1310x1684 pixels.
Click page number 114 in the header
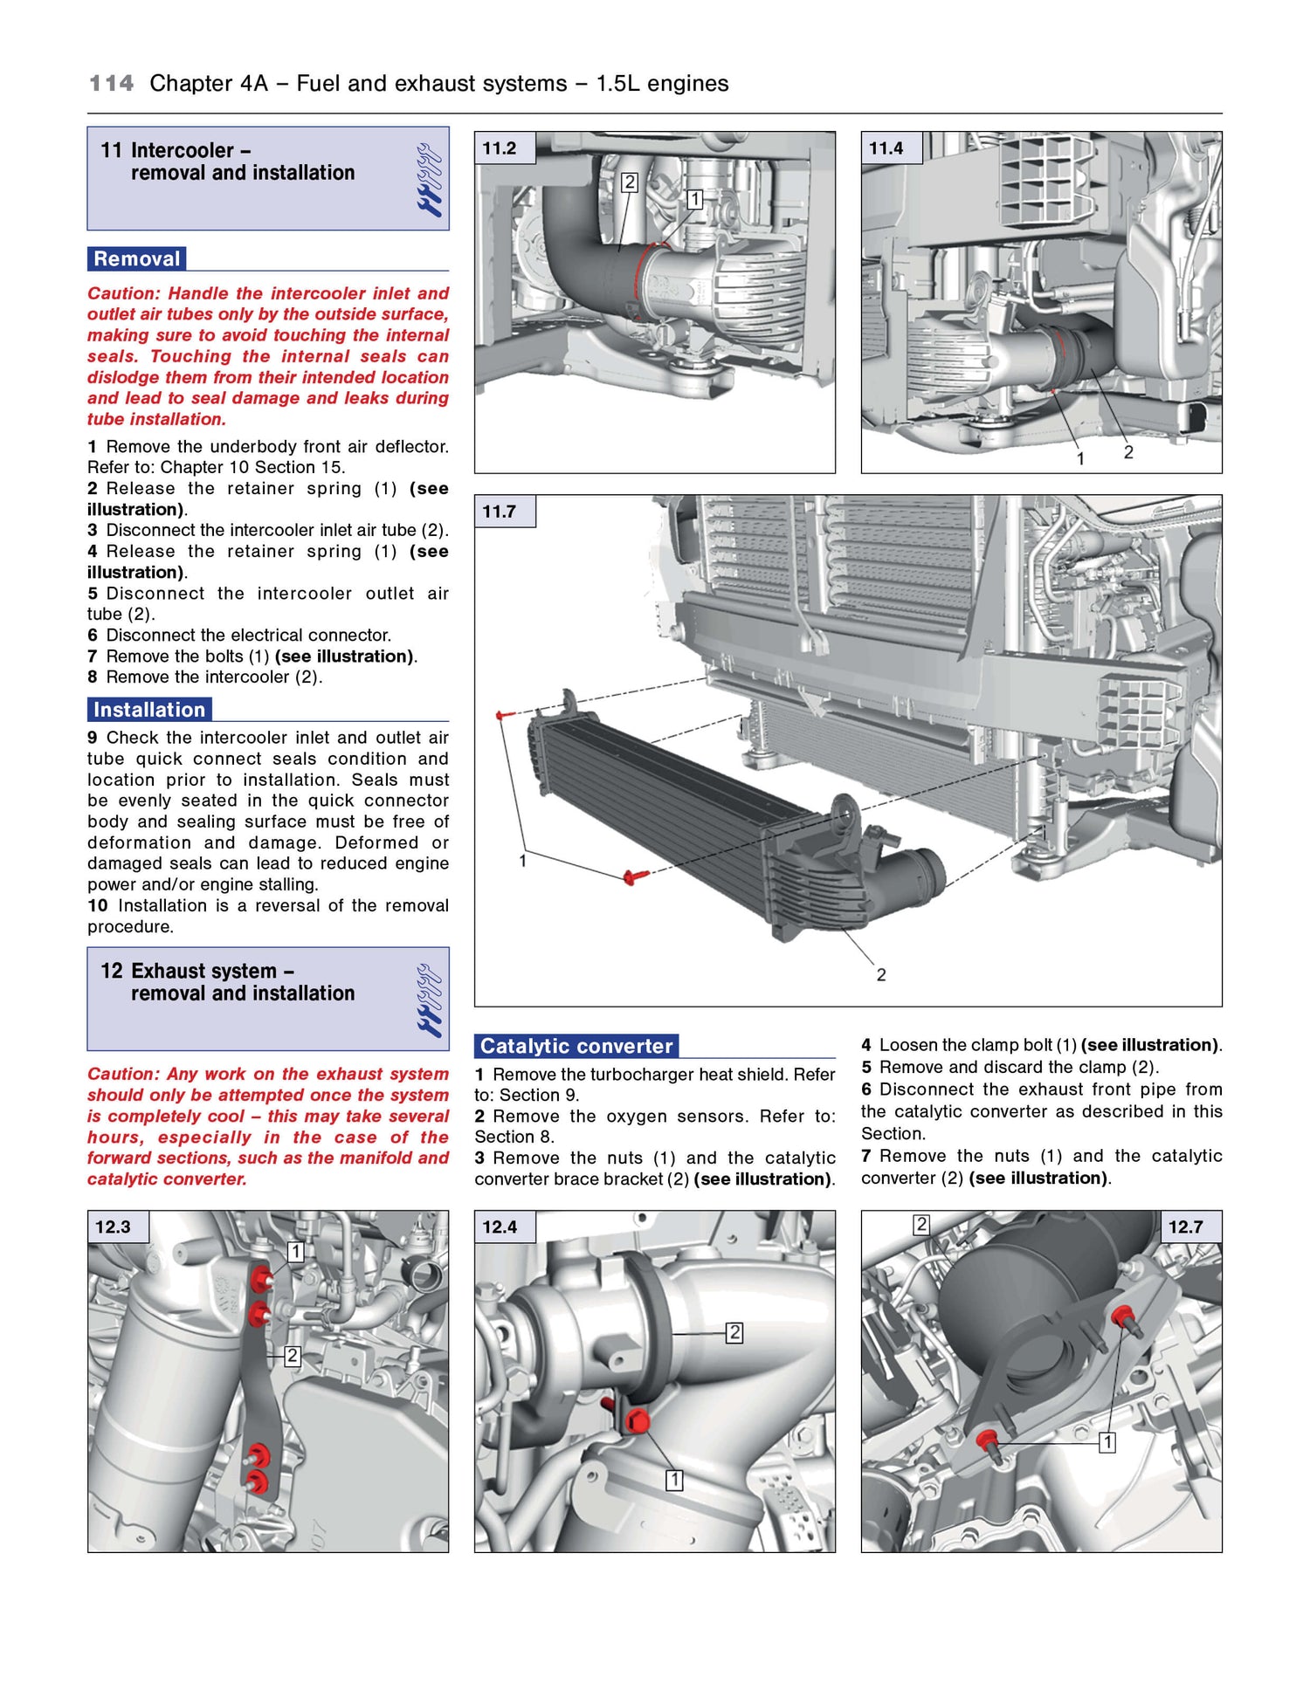point(112,84)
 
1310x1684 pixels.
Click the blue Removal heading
point(136,259)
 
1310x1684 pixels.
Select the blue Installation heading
point(149,710)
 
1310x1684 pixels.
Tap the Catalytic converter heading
point(576,1046)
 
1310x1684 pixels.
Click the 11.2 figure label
point(500,148)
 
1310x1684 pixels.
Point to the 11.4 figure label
point(886,148)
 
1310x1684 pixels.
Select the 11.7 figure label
point(500,512)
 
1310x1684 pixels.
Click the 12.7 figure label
point(1185,1227)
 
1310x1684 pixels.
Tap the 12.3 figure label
point(113,1227)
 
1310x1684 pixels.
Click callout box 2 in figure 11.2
point(629,182)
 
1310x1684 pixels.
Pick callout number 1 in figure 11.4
point(1080,459)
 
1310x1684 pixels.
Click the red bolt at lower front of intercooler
point(631,876)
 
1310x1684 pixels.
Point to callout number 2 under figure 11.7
point(881,975)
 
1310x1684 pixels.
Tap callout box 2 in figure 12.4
point(734,1333)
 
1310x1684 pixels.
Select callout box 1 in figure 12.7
point(1107,1442)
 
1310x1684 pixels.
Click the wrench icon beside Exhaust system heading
point(430,1000)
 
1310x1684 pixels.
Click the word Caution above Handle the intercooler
point(123,294)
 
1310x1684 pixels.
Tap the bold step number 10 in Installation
point(97,906)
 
